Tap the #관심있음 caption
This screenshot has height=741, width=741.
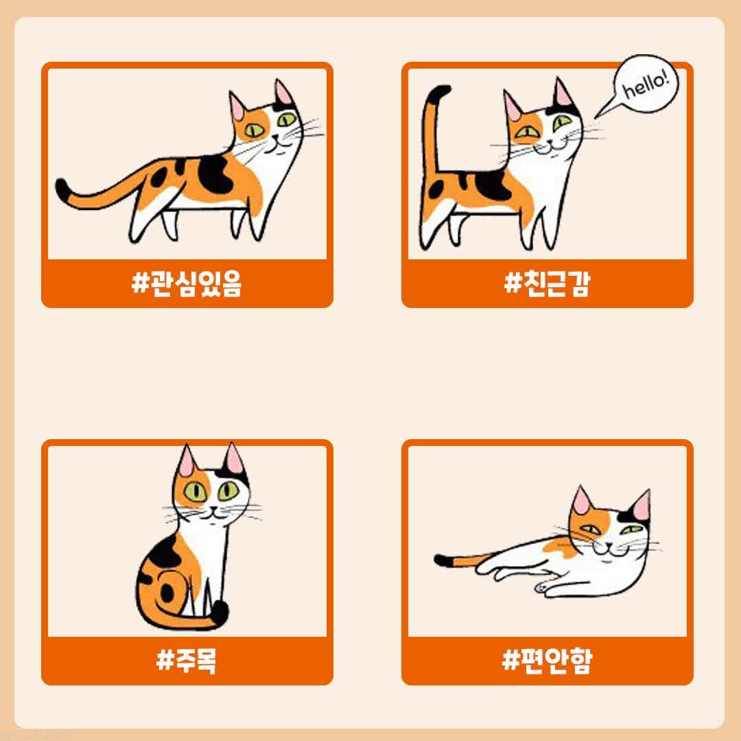coord(187,283)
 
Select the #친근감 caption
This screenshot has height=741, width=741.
coord(548,283)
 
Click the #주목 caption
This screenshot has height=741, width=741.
coord(187,660)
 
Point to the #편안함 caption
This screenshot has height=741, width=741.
coord(548,660)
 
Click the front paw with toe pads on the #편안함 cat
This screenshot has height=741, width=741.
coord(543,587)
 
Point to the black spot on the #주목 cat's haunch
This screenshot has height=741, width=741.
coord(167,593)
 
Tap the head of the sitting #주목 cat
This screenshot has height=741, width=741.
coord(212,486)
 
